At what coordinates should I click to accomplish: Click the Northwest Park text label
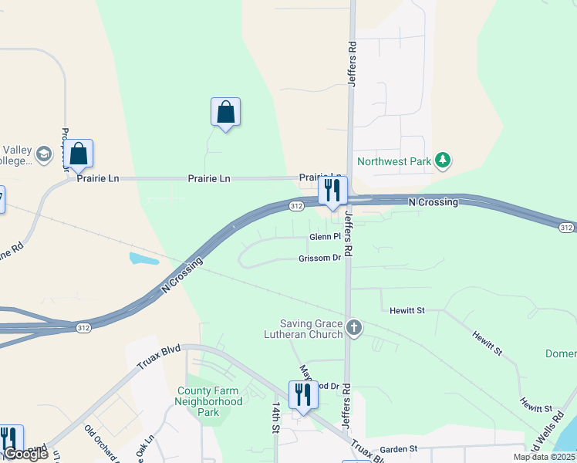coord(394,162)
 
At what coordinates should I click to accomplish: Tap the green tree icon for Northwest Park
coord(442,161)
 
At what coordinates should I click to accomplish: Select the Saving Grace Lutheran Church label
coord(312,329)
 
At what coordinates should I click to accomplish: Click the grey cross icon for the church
coord(353,327)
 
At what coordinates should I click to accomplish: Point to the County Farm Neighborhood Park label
coord(208,401)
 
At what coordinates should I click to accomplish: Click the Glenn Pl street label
coord(325,237)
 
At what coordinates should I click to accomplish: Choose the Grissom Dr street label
coord(319,259)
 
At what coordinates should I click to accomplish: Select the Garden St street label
coord(398,448)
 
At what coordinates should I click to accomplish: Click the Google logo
coord(25,454)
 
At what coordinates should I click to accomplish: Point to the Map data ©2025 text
coord(544,457)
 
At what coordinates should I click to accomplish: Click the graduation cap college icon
coord(46,154)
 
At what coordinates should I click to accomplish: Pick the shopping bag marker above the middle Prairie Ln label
coord(225,112)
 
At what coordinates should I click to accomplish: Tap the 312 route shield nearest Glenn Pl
coord(297,207)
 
